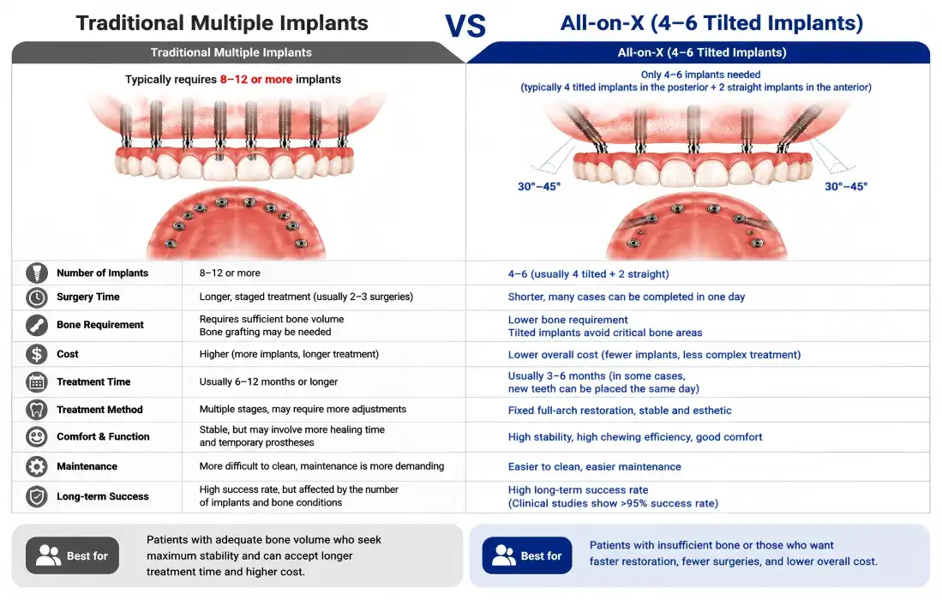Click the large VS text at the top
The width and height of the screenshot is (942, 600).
tap(465, 26)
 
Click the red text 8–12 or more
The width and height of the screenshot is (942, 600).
tap(256, 79)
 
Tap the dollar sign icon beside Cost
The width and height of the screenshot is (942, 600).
tap(37, 354)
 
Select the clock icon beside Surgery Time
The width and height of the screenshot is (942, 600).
tap(37, 297)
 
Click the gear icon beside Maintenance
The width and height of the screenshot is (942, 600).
tap(37, 466)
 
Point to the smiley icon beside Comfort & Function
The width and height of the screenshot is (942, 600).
tap(37, 436)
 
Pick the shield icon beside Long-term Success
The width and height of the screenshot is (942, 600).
tap(37, 496)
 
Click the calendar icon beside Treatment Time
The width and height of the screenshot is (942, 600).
tap(37, 382)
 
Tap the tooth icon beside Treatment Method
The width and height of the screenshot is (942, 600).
tap(37, 410)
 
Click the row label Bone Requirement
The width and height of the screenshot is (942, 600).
tap(100, 325)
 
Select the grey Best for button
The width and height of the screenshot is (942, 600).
tap(72, 555)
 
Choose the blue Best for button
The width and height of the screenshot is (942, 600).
tap(527, 555)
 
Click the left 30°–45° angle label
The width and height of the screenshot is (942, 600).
tap(539, 187)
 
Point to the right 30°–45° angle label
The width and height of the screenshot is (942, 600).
tap(846, 187)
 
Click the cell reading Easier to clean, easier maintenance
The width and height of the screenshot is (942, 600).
tap(594, 466)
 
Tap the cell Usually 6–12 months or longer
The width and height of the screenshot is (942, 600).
tap(268, 382)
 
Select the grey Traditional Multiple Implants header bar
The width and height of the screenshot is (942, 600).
tap(231, 52)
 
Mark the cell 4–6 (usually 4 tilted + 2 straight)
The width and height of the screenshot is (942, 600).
tap(588, 274)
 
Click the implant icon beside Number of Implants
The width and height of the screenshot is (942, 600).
tap(37, 273)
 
